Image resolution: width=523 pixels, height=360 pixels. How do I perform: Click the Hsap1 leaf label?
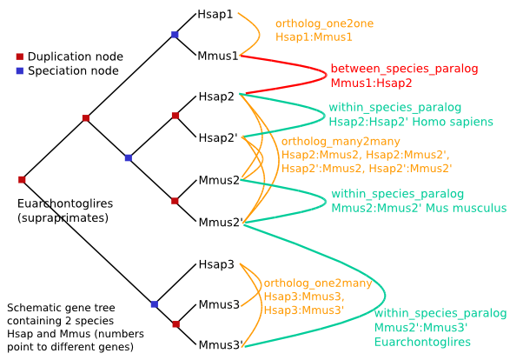coord(215,15)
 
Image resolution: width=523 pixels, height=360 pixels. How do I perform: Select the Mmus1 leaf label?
coord(218,56)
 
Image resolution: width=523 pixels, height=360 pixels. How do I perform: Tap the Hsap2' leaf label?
coord(217,137)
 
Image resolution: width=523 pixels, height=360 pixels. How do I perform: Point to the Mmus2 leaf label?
coord(219,180)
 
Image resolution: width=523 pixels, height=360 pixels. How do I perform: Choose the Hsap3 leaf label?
coord(215,263)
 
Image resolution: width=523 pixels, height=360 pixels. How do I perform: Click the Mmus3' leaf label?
coord(220,345)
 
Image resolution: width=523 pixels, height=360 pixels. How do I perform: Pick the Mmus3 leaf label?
coord(219,304)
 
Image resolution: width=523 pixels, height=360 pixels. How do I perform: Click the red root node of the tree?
coord(22,180)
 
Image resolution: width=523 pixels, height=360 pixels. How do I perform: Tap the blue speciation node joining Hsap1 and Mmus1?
coord(175,35)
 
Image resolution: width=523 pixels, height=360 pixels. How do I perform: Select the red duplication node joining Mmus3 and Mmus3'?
coord(175,324)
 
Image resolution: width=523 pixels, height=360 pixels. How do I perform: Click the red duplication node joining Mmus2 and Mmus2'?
coord(175,201)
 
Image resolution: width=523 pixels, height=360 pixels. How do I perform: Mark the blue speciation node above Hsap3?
coord(154,303)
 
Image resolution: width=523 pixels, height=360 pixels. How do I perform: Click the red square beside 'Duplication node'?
coord(20,57)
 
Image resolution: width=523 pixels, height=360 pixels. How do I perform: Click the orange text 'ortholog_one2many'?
coord(317,283)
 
